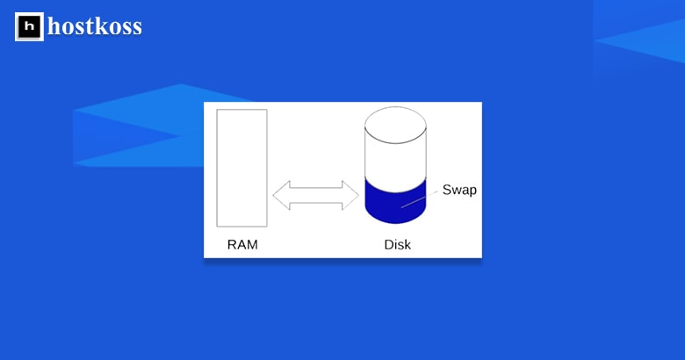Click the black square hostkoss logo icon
[x=29, y=27]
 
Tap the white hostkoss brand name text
[x=95, y=27]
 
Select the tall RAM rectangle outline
[x=242, y=167]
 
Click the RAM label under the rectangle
[x=242, y=245]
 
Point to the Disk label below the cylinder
[x=397, y=245]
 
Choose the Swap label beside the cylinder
[x=459, y=190]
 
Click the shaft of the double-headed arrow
[x=309, y=195]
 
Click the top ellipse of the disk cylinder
[x=395, y=126]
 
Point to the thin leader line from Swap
[x=420, y=200]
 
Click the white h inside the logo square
[x=29, y=27]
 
